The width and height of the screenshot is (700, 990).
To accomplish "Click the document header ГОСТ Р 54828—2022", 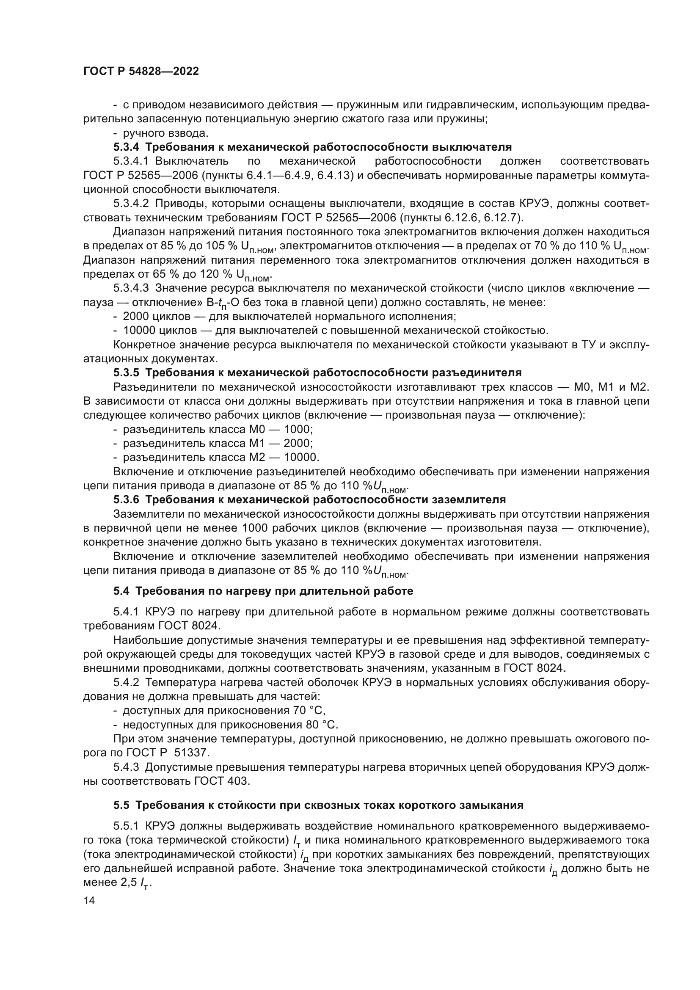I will (x=141, y=72).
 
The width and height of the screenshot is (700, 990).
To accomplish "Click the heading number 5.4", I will (x=121, y=591).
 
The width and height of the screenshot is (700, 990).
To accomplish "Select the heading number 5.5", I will (x=121, y=805).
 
